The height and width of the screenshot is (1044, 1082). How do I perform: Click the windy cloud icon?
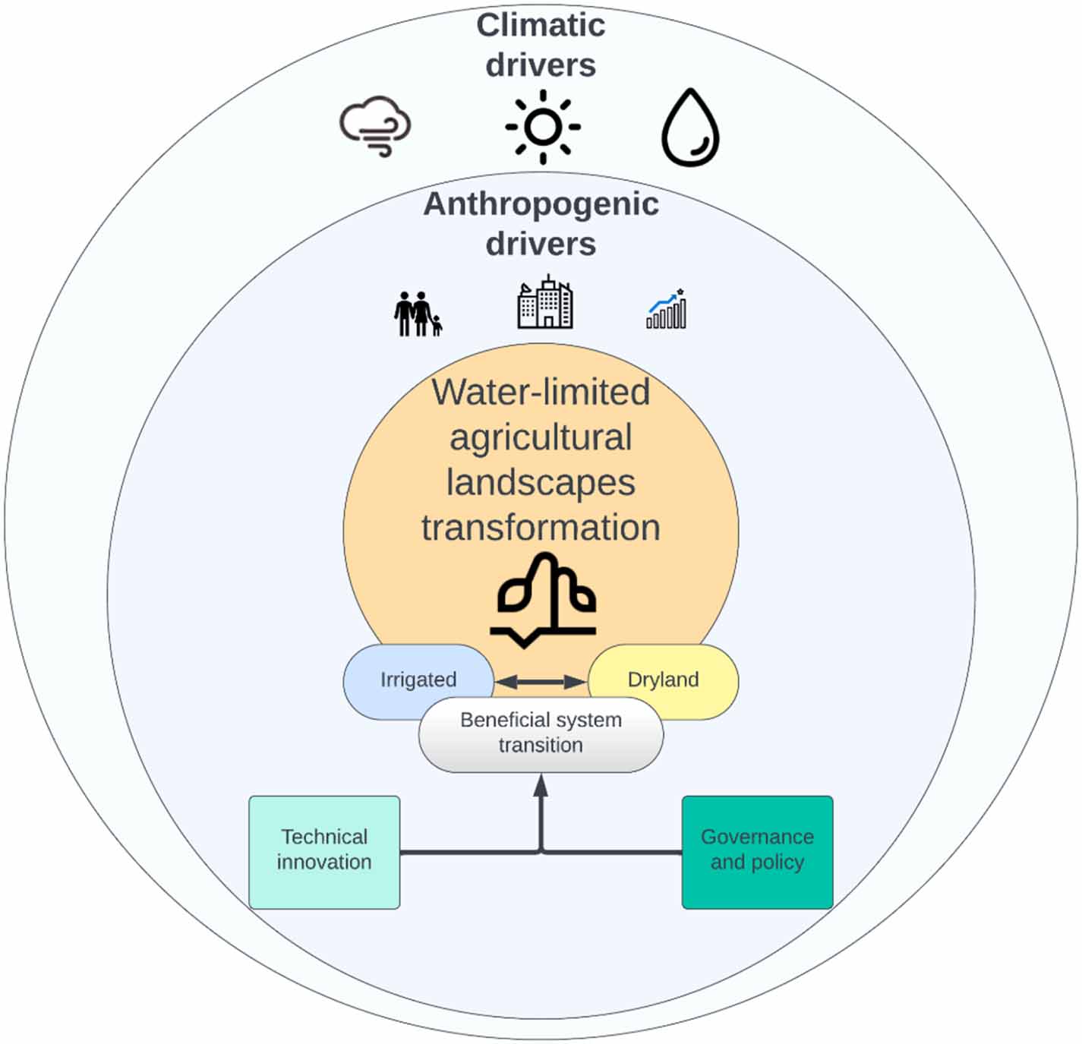click(375, 126)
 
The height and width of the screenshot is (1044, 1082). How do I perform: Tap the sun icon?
click(542, 127)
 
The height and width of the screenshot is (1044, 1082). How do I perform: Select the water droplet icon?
click(690, 128)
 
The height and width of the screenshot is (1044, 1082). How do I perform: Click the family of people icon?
click(417, 314)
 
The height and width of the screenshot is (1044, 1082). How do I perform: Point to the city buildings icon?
click(544, 304)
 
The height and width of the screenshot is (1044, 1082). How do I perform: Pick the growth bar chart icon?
click(666, 309)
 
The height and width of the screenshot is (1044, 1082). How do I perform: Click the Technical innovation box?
click(324, 852)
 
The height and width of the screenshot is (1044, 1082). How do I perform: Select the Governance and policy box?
click(757, 852)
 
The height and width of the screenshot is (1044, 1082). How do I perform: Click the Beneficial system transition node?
click(541, 733)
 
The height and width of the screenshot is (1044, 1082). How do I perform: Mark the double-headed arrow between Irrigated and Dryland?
click(541, 682)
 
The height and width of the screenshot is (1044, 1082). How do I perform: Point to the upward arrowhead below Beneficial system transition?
click(541, 786)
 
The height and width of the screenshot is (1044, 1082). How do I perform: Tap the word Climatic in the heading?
click(541, 26)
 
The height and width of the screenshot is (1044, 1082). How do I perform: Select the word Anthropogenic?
click(541, 204)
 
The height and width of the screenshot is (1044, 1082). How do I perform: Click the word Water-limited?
click(541, 393)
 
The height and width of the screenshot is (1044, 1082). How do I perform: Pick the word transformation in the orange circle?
click(541, 528)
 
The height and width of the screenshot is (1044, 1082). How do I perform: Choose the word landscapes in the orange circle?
click(541, 483)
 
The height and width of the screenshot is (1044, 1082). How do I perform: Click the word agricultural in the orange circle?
click(541, 438)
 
